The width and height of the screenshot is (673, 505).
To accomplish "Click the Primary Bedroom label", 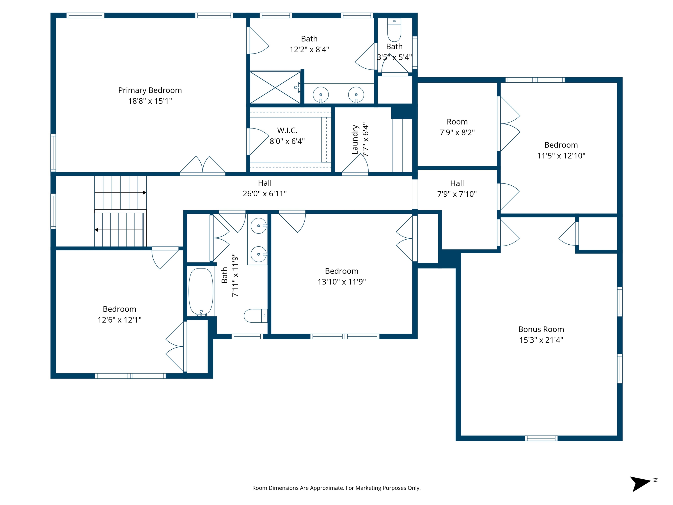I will tap(150, 90).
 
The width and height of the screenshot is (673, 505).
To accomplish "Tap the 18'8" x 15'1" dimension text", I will tap(150, 101).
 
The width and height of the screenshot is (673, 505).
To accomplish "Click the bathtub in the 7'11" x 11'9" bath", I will tap(201, 292).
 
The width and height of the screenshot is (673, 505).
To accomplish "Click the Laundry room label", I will tap(355, 140).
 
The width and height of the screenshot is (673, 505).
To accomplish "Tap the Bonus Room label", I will tap(541, 329).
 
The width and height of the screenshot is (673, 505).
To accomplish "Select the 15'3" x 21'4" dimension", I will tap(541, 340).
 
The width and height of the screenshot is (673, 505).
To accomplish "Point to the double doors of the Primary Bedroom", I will tap(203, 166).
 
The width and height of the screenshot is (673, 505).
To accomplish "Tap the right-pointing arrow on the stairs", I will tap(144, 193).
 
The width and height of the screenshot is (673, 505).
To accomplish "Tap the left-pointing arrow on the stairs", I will tap(96, 230).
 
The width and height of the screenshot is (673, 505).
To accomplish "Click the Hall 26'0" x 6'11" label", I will tap(265, 183).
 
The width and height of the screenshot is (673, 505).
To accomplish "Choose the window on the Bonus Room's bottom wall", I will tap(541, 438).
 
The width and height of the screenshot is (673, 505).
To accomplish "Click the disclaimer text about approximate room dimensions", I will tap(336, 488).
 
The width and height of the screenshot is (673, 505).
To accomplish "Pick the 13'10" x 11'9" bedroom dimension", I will tap(341, 282).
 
